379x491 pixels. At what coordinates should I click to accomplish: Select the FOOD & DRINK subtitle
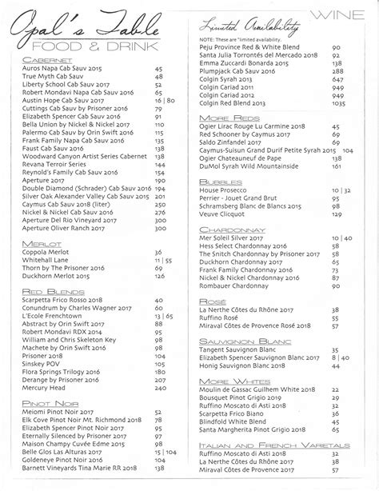coord(90,46)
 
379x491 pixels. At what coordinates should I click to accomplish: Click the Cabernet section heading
coord(50,61)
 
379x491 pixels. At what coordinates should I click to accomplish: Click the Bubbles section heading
coord(214,182)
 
